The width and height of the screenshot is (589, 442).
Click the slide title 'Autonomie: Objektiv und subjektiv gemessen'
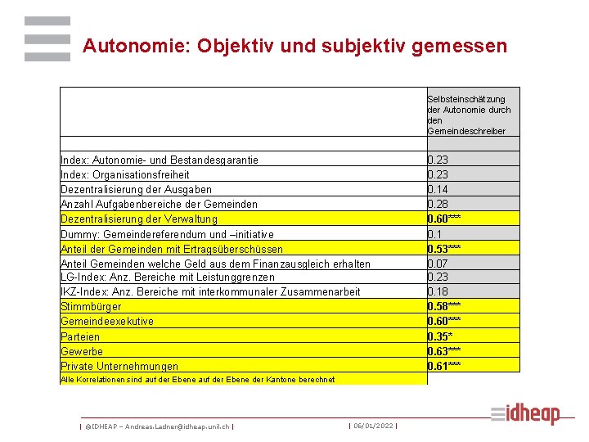pos(294,46)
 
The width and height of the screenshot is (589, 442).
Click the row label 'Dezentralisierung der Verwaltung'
pos(139,219)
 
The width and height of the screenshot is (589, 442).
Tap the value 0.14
pos(438,189)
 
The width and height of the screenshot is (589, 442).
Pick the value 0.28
pos(438,204)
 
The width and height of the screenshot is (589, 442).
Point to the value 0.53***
pos(444,248)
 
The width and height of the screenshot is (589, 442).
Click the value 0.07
pos(438,263)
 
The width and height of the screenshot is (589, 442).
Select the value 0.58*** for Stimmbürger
pos(444,307)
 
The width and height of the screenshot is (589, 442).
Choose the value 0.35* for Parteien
pos(441,336)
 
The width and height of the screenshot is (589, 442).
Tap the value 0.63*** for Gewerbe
pos(444,351)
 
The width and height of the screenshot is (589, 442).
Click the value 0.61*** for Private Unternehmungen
pos(444,366)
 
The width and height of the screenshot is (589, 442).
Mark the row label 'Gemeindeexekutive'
pos(107,322)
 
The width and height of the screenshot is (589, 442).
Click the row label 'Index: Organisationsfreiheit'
pos(125,174)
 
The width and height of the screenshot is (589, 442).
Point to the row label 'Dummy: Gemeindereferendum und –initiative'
pos(168,233)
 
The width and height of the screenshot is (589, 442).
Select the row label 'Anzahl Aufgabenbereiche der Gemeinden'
pos(160,204)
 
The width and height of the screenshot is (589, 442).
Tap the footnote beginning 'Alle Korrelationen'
pos(197,380)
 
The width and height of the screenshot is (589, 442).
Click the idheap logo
pos(525,414)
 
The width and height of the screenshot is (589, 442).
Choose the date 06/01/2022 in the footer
pos(373,426)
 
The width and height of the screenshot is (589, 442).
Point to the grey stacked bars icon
pos(47,39)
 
